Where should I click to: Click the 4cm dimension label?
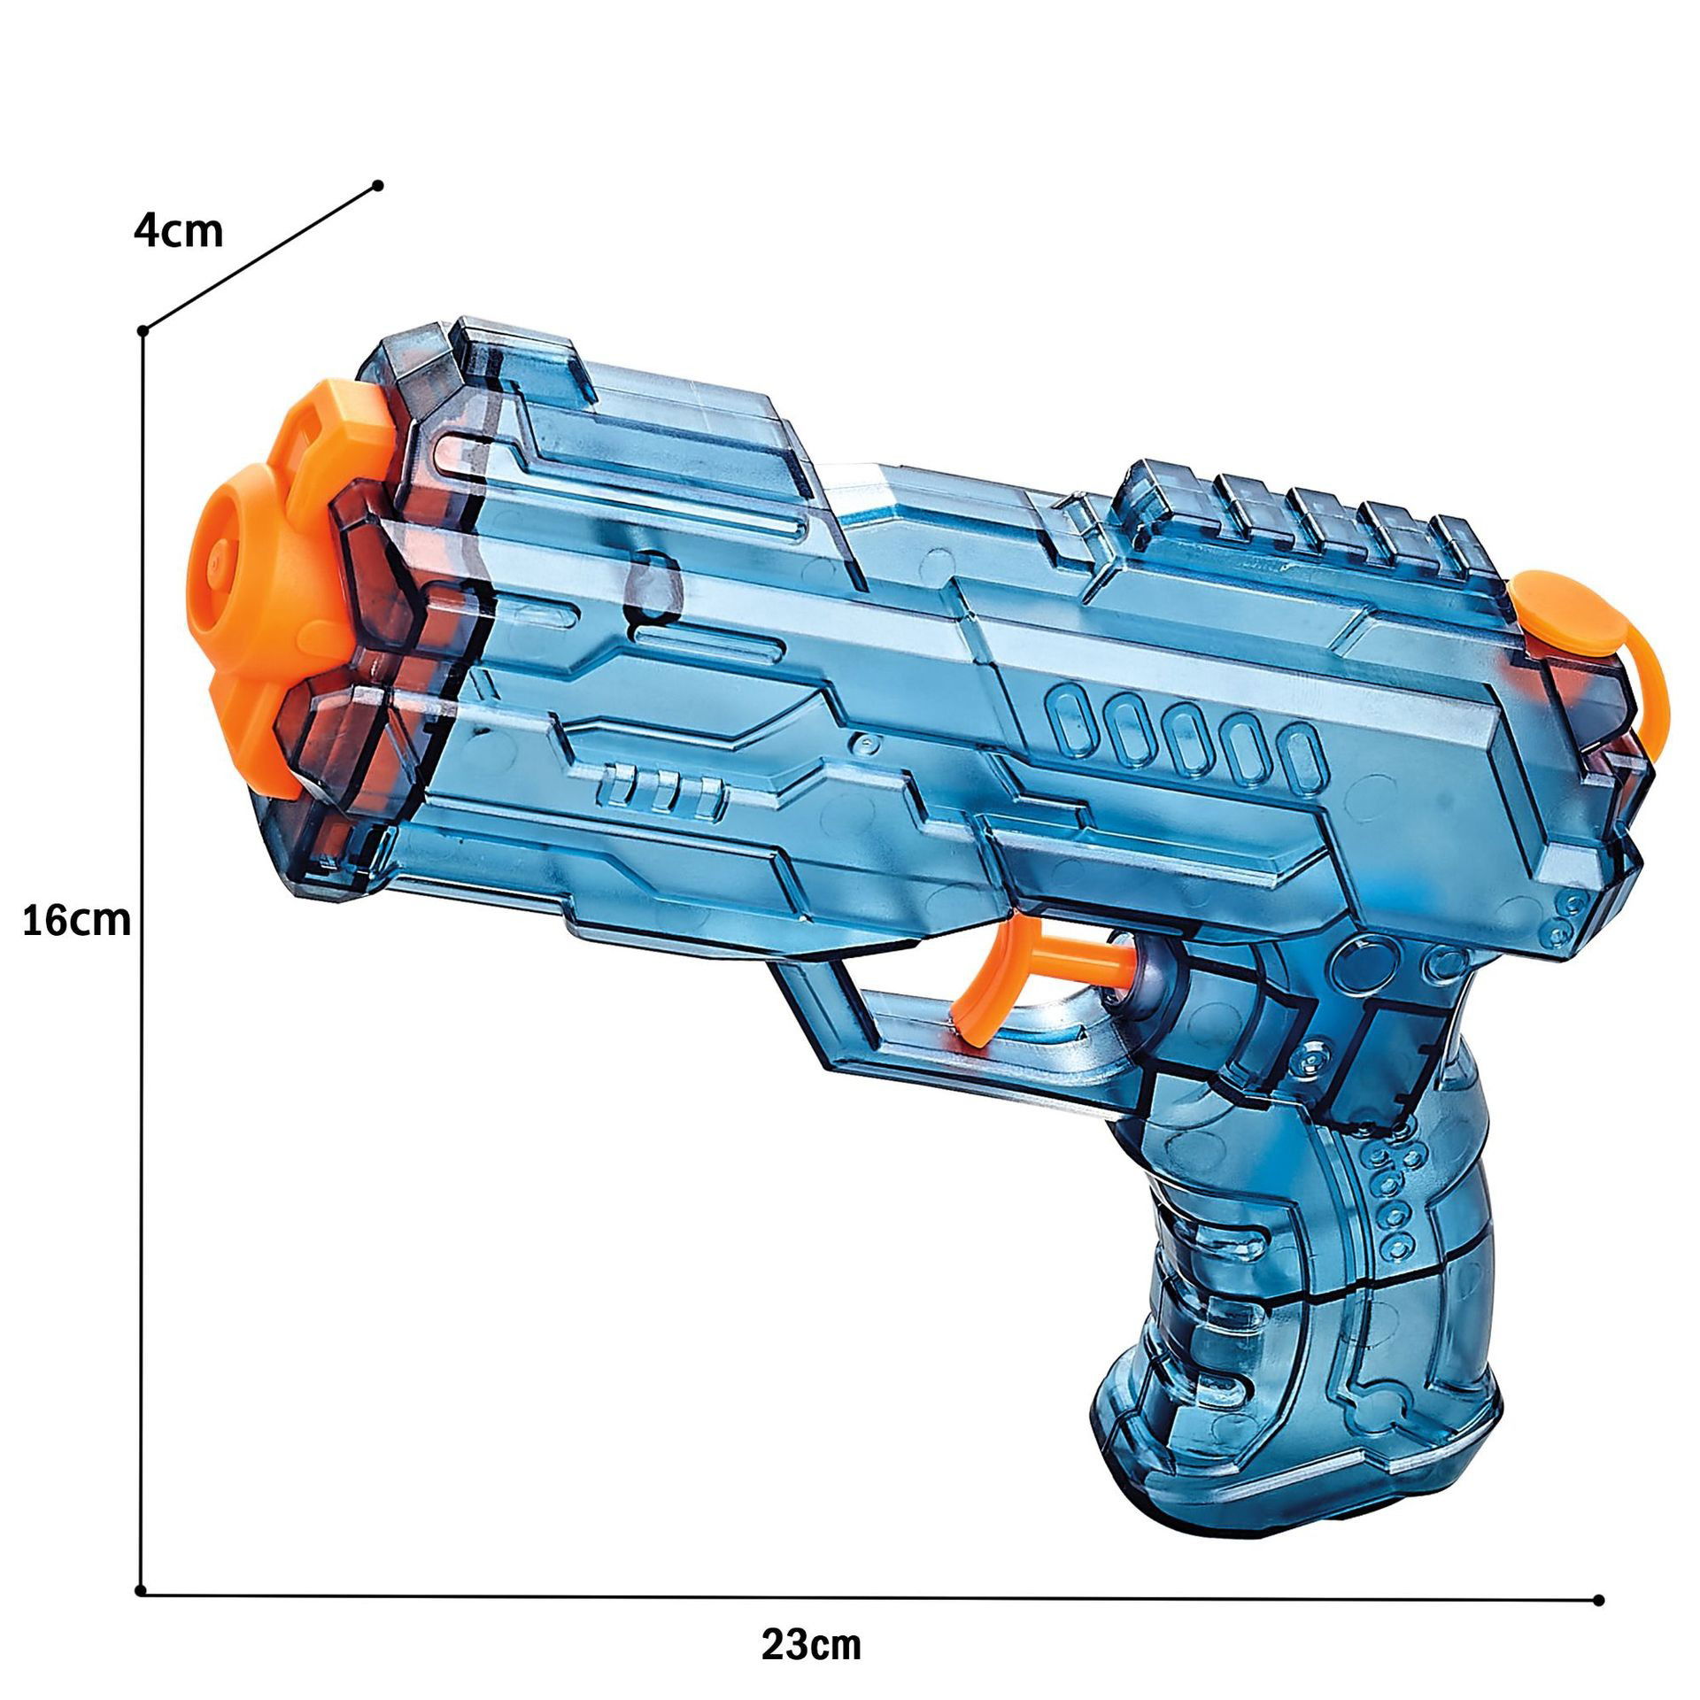(x=178, y=232)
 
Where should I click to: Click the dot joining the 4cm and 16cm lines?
(x=143, y=331)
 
